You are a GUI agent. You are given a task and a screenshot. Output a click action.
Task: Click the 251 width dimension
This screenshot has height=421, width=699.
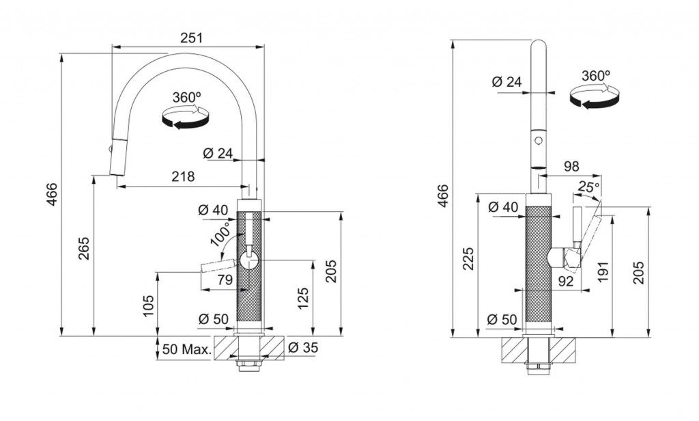coord(191,38)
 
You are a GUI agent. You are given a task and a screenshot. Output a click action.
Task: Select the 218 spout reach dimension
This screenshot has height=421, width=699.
coord(183,177)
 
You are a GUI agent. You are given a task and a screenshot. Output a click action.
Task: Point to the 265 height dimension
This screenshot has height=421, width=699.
coord(84,248)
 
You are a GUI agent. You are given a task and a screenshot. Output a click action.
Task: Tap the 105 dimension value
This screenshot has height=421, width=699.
coord(148,305)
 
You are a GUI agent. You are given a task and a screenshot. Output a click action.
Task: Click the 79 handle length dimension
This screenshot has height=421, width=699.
coord(225,280)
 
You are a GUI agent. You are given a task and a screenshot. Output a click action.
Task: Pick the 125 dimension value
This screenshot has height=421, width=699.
coord(302,298)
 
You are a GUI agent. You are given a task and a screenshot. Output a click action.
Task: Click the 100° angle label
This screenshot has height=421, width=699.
coord(221,234)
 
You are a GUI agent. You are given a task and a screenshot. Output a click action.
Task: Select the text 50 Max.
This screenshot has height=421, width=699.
coord(187,349)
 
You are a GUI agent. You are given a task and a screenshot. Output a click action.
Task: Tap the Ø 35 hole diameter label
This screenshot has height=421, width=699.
coord(303,347)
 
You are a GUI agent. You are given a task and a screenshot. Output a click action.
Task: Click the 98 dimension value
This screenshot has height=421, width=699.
coord(571,166)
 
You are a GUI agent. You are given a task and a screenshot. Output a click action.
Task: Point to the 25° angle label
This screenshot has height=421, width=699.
coord(588,187)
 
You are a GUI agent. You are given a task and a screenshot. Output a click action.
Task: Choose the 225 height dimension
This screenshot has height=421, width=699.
coord(468,258)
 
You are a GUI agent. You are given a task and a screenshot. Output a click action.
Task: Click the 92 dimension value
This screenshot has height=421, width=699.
coord(566,281)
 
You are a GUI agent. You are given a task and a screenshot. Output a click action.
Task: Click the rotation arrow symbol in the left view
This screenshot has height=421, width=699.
coord(186,116)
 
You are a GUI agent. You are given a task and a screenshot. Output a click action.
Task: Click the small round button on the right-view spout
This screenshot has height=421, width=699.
coord(539,141)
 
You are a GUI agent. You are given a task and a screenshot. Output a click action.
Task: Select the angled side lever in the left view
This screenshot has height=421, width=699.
coord(218,265)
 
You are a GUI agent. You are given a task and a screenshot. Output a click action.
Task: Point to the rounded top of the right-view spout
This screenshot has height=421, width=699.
coord(539,44)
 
